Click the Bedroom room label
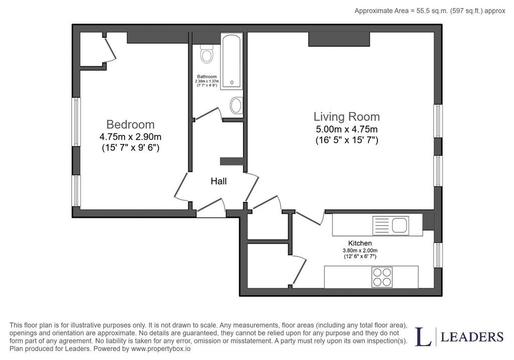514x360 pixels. click(131, 125)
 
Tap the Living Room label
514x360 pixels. click(346, 116)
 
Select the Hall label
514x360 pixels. click(219, 181)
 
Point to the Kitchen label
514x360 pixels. click(360, 244)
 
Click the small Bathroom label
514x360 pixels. click(207, 77)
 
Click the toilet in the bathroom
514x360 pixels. click(206, 54)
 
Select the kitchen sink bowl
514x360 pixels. click(400, 225)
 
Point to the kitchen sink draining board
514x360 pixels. click(382, 225)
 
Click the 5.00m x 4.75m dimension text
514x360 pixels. click(346, 129)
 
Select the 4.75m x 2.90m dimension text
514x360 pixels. click(131, 137)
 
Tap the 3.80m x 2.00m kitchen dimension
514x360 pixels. click(360, 251)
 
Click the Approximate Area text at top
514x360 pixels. click(430, 11)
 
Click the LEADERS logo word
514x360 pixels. click(472, 337)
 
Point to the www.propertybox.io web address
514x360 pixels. click(161, 348)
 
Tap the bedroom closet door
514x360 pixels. click(110, 49)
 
